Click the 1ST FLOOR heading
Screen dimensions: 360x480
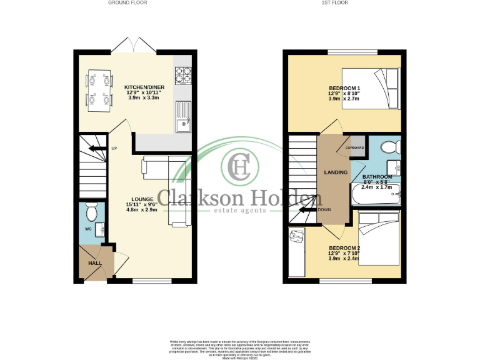[x=334, y=3]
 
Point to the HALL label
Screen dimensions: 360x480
[x=94, y=264]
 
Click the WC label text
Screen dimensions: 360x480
[x=88, y=229]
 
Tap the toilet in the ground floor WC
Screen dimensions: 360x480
[x=91, y=212]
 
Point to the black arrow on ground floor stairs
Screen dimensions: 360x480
[x=96, y=148]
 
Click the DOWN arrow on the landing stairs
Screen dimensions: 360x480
[x=306, y=210]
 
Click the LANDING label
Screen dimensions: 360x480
[x=336, y=172]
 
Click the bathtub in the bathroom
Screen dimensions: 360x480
[x=375, y=195]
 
